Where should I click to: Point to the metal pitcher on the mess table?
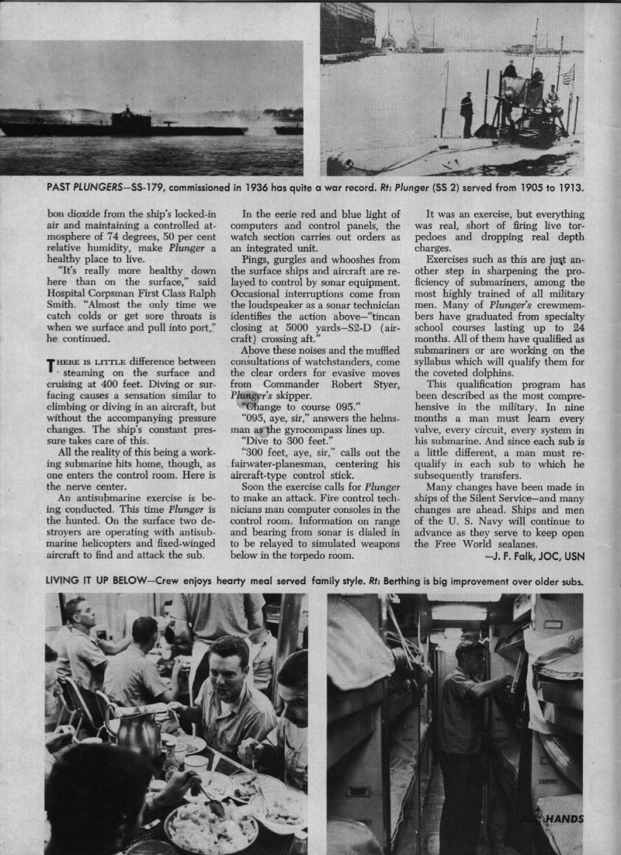pyautogui.click(x=136, y=729)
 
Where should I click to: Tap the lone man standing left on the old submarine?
pyautogui.click(x=467, y=113)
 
